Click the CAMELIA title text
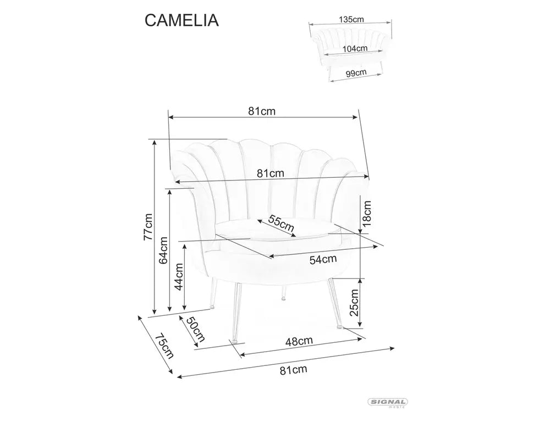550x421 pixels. tap(182, 20)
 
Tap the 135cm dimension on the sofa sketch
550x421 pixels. tap(351, 19)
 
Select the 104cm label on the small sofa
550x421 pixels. tap(354, 48)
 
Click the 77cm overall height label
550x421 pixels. tap(147, 226)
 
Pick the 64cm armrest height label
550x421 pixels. tap(163, 250)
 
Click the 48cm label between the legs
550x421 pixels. tap(299, 341)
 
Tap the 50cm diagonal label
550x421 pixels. tap(195, 329)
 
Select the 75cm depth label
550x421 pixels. tap(164, 346)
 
